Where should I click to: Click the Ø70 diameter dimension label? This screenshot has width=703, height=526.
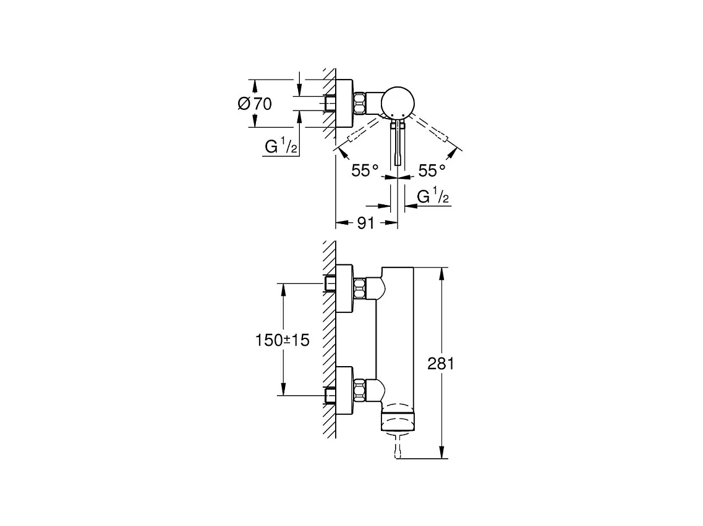255,104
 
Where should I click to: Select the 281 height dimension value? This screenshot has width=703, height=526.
441,364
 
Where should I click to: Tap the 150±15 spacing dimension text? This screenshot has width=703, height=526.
283,340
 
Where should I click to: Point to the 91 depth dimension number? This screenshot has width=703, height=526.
366,223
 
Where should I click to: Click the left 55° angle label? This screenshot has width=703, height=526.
365,170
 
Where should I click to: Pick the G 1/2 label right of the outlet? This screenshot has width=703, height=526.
432,197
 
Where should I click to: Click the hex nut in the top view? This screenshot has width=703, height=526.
359,103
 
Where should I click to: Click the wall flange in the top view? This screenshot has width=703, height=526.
344,103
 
